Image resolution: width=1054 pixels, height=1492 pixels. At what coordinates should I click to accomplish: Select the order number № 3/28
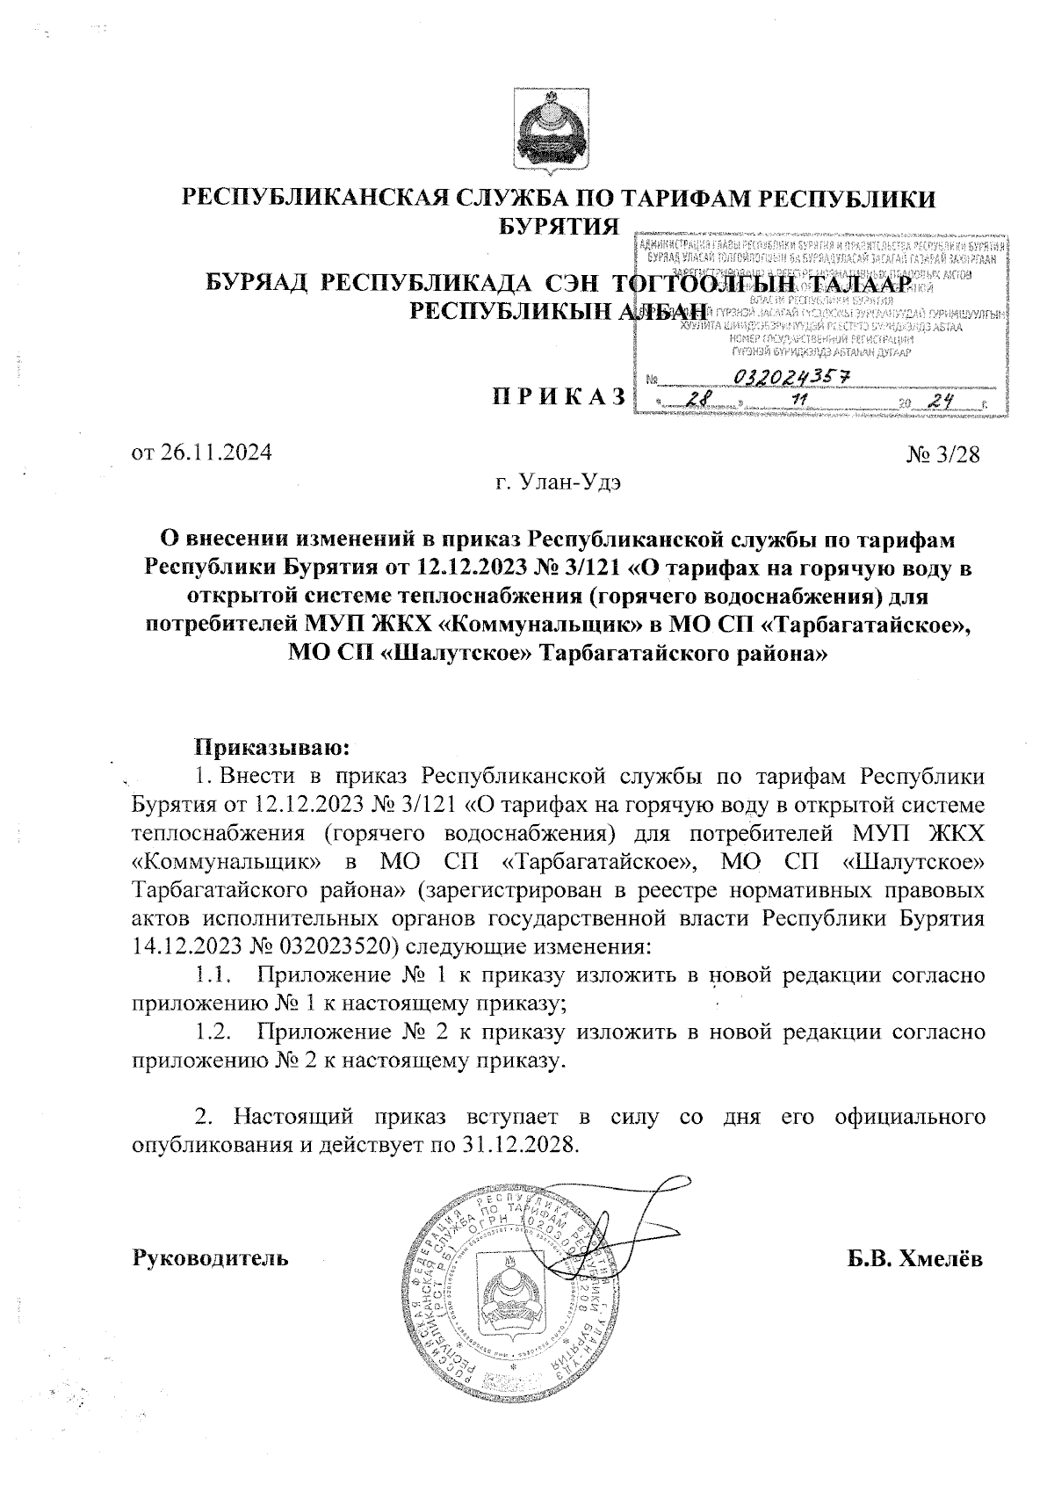pyautogui.click(x=942, y=455)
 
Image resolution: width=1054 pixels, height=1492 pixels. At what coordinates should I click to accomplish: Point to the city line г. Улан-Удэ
pyautogui.click(x=558, y=482)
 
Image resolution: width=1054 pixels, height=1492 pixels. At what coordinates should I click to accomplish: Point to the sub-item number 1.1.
pyautogui.click(x=213, y=976)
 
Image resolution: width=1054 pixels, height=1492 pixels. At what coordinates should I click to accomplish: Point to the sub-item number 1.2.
pyautogui.click(x=213, y=1033)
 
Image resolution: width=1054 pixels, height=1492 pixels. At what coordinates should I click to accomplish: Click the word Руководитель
pyautogui.click(x=210, y=1258)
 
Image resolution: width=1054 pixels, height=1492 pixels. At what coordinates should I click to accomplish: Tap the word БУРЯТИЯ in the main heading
pyautogui.click(x=558, y=227)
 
